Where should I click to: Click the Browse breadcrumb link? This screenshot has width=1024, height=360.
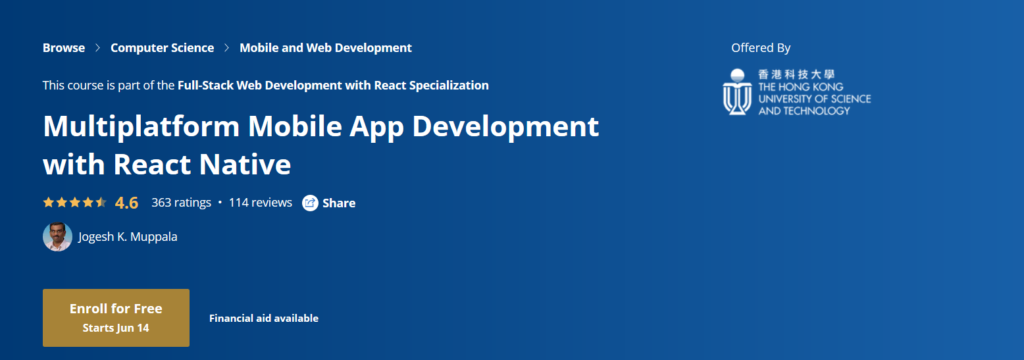(x=62, y=47)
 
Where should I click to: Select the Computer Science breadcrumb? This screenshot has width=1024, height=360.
(x=162, y=47)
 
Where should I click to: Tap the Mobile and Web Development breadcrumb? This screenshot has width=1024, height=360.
(x=325, y=47)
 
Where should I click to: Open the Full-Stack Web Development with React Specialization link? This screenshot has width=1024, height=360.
(x=333, y=85)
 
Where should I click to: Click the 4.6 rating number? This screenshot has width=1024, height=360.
(x=127, y=203)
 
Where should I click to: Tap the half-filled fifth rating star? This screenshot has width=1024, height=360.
(x=101, y=202)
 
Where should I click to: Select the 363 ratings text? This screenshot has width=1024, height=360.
(x=181, y=203)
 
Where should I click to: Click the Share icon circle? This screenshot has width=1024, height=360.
(x=310, y=203)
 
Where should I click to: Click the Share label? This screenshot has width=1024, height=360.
(x=339, y=203)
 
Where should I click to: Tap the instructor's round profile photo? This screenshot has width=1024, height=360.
(x=57, y=237)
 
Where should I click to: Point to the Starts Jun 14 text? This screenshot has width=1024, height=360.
(x=116, y=326)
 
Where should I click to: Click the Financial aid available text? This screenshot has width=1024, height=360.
(x=264, y=318)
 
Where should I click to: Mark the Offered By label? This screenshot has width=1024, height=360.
(x=761, y=47)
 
